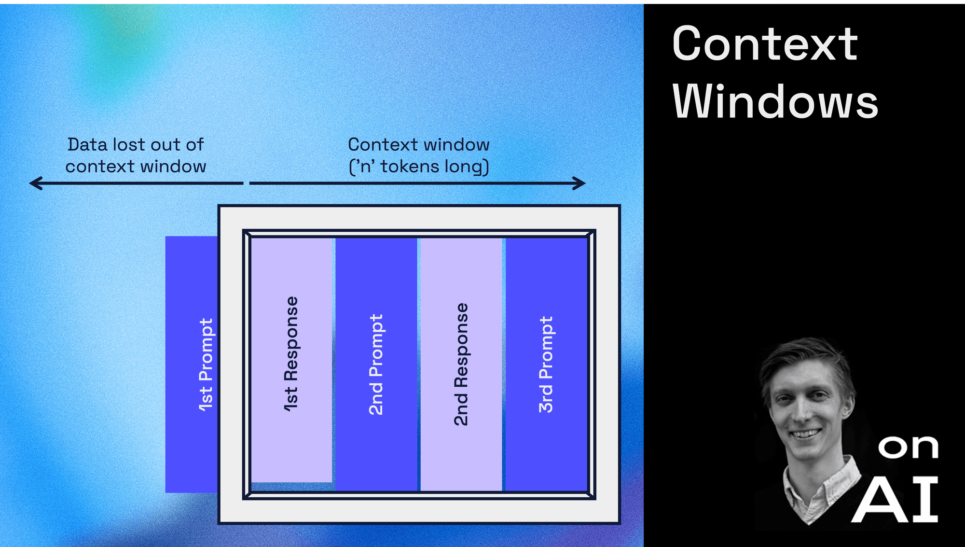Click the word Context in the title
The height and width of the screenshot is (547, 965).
pyautogui.click(x=765, y=44)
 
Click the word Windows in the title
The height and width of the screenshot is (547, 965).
pyautogui.click(x=775, y=102)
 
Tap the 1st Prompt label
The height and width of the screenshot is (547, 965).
pyautogui.click(x=206, y=365)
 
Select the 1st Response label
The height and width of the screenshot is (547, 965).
pyautogui.click(x=291, y=354)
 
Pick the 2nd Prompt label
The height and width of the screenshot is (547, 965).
pyautogui.click(x=376, y=365)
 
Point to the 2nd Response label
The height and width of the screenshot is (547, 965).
pyautogui.click(x=461, y=365)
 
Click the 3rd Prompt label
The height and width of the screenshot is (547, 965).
pyautogui.click(x=546, y=365)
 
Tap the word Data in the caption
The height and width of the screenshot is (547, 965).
pyautogui.click(x=87, y=144)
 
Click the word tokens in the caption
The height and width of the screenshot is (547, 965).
pyautogui.click(x=410, y=167)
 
